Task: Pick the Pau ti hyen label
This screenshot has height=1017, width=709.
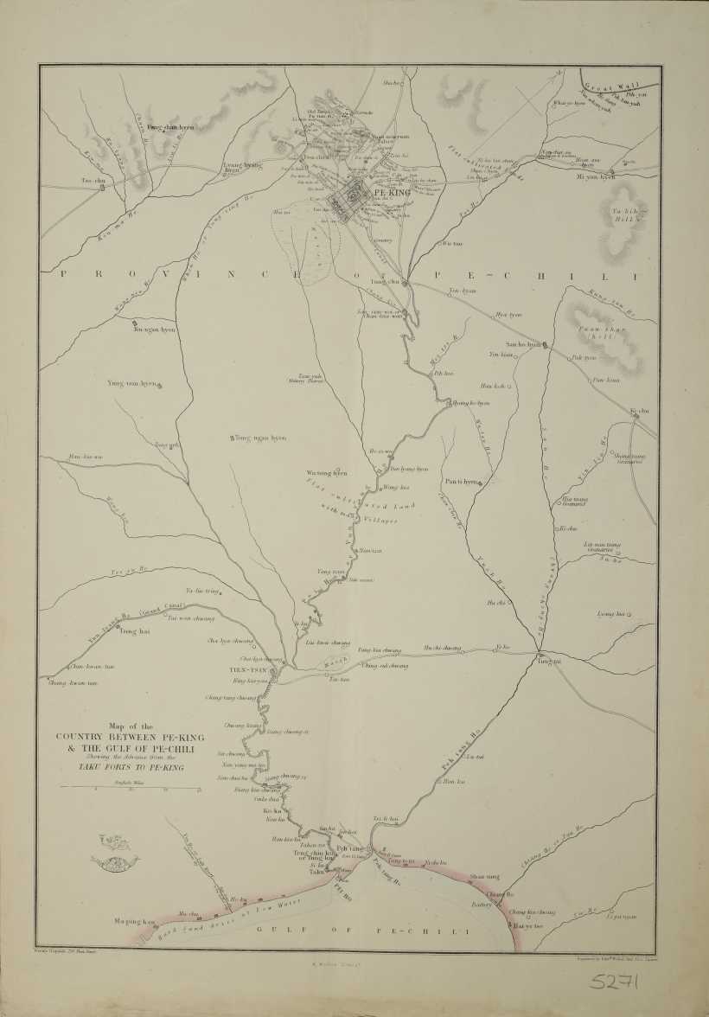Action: (462, 482)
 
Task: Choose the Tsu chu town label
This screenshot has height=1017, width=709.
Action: (93, 180)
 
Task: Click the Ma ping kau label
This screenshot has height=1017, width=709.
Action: (134, 922)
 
